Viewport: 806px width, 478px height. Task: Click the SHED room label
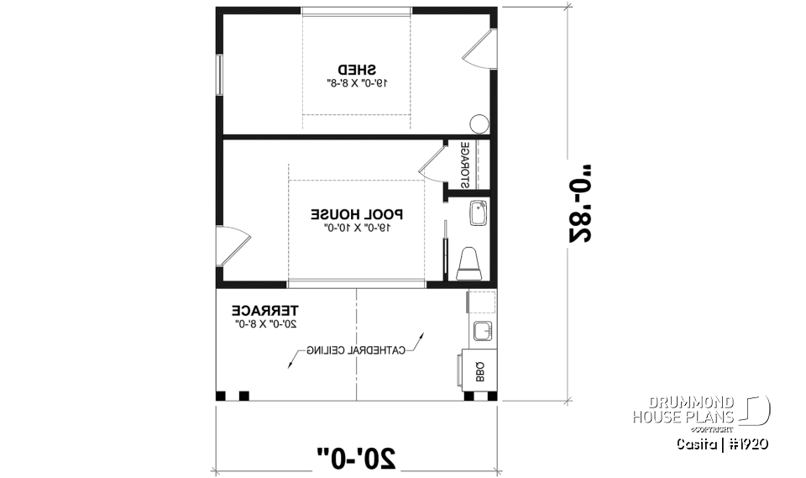(x=357, y=69)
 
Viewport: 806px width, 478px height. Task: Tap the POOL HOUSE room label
(x=357, y=213)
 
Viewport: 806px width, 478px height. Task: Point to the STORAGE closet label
(x=464, y=165)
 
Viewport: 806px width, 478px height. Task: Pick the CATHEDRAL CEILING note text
(x=356, y=349)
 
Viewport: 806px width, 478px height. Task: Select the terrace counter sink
(x=482, y=331)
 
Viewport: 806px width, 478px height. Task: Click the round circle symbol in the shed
(x=479, y=124)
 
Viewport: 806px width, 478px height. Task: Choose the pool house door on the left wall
(x=232, y=248)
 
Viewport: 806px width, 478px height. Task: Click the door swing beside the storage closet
(x=432, y=163)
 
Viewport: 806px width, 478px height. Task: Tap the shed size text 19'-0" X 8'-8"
(x=357, y=83)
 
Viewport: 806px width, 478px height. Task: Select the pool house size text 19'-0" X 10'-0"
(x=357, y=227)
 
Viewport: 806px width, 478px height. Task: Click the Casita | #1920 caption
(x=722, y=443)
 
